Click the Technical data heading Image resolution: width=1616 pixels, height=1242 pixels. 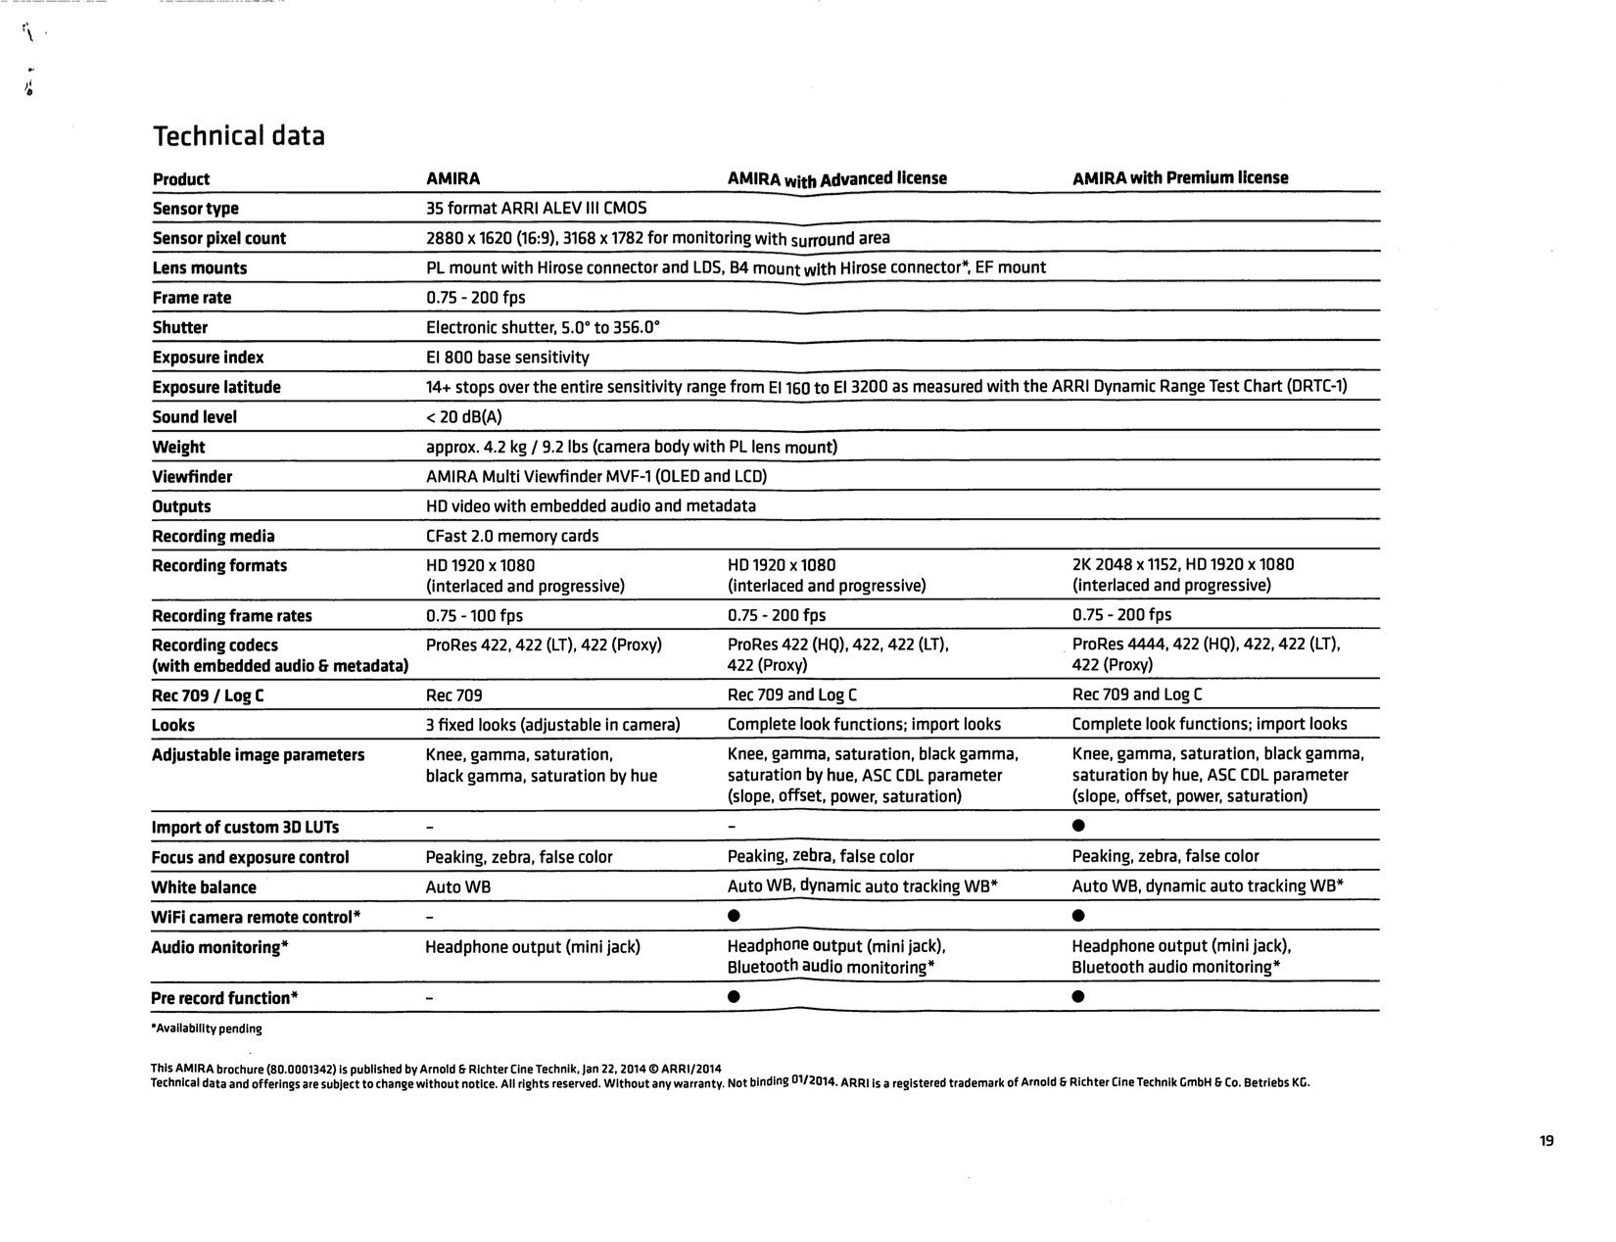coord(238,135)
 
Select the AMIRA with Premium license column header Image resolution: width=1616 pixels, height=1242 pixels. coord(1179,177)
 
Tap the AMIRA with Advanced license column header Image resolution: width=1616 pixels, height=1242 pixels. coord(836,178)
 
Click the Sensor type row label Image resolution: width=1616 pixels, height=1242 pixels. coord(195,209)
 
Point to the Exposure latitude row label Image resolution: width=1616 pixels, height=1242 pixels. coord(215,387)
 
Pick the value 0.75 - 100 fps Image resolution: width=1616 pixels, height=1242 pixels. coord(474,615)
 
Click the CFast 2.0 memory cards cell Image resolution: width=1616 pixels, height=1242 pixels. coord(511,536)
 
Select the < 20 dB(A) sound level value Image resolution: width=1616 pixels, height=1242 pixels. coord(463,417)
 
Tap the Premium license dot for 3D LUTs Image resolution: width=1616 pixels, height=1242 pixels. coord(1078,826)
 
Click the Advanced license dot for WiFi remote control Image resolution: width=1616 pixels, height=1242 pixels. coord(734,916)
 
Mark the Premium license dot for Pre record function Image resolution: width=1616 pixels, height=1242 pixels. coord(1078,997)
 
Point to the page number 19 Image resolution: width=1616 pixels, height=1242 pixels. coord(1546,1140)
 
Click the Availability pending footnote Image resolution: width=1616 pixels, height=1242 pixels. coord(207,1028)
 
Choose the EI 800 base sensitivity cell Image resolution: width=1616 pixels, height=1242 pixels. coord(507,358)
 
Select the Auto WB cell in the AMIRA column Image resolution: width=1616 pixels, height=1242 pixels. coord(457,887)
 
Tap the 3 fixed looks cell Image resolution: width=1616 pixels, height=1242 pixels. coord(552,725)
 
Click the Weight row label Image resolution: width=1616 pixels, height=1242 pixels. coord(178,447)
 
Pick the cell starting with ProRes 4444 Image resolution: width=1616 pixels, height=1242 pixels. coord(1206,654)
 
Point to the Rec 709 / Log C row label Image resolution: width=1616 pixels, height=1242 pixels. coord(208,695)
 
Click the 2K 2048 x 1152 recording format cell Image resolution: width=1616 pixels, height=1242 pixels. coord(1182,574)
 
